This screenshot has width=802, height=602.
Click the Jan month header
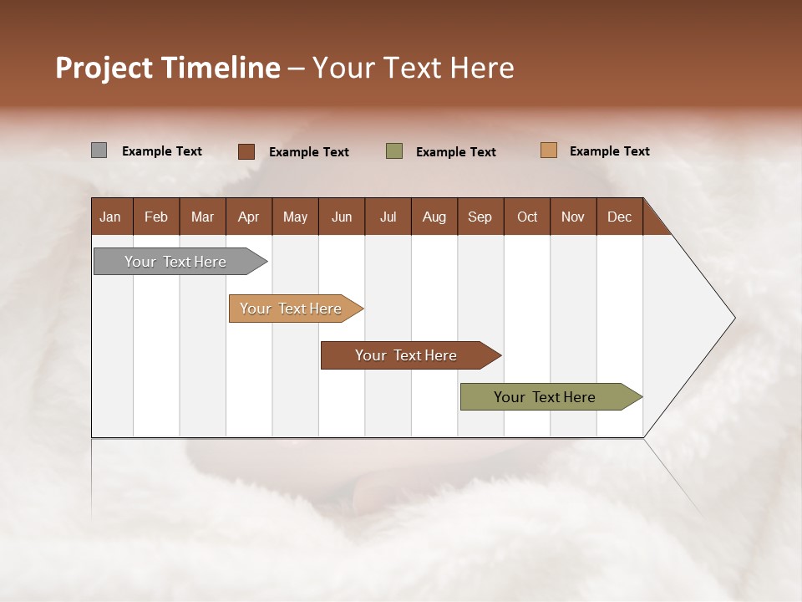tap(111, 217)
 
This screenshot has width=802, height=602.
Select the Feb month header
tap(156, 217)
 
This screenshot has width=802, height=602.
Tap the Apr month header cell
tap(249, 217)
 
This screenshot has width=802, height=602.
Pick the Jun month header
tap(342, 217)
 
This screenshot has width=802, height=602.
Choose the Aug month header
tap(434, 217)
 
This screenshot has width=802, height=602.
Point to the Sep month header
tap(480, 217)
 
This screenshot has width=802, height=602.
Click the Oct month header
tap(527, 217)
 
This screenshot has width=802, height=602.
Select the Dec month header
tap(620, 217)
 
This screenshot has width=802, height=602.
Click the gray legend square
tap(99, 150)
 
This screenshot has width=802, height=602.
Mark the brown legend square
tap(246, 151)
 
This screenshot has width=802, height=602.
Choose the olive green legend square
tap(394, 151)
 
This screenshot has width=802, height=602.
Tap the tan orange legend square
tap(548, 150)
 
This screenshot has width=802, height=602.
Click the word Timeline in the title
tap(221, 68)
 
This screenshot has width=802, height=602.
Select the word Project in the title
tap(104, 68)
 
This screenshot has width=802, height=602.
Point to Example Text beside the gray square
tap(162, 151)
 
